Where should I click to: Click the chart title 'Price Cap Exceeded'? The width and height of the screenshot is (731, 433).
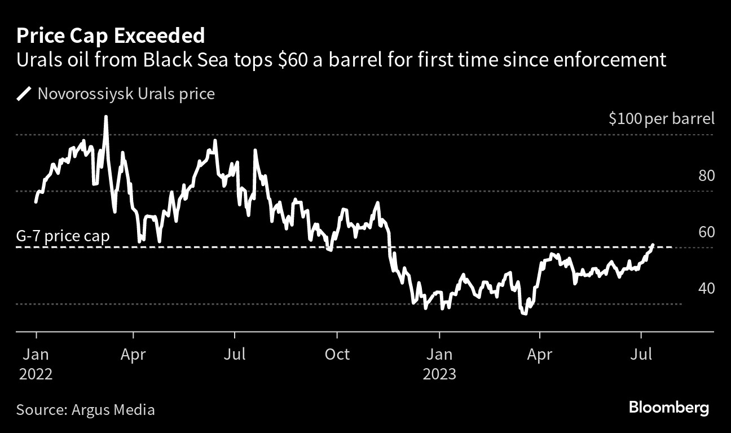coord(111,36)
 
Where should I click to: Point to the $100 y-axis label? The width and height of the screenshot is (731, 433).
coord(626,119)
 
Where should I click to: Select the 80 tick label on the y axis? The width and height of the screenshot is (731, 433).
coord(706,176)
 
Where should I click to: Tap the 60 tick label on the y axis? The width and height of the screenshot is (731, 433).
coord(706,232)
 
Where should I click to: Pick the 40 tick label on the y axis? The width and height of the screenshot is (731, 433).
coord(706,289)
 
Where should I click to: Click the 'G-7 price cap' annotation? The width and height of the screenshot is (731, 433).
coord(63,236)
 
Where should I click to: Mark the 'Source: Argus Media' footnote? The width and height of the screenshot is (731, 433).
coord(85,409)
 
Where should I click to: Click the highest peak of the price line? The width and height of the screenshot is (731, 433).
coord(106,117)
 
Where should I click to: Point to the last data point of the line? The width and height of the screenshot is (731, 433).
coord(653,245)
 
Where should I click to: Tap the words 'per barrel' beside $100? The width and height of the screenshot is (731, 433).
coord(681,119)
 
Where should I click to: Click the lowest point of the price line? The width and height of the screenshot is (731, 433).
coord(525,313)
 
